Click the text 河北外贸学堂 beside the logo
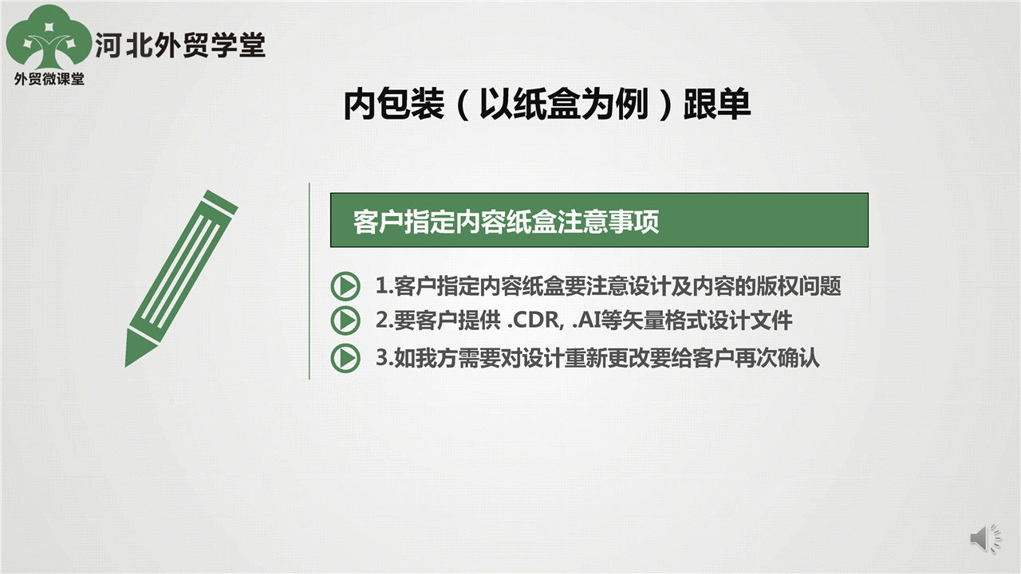180,45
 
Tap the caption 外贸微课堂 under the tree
49,79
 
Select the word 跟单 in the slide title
717,104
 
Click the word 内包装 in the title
394,104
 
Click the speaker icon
985,538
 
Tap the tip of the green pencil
126,365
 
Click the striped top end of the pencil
220,202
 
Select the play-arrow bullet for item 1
345,286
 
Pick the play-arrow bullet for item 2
345,320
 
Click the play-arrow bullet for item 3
345,358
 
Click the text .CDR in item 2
534,320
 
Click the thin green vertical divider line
309,281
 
